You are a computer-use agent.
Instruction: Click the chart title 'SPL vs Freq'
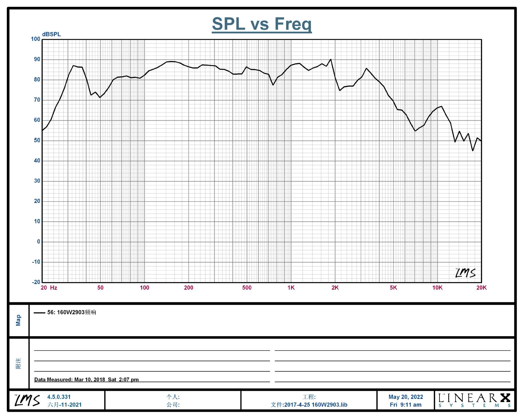click(261, 24)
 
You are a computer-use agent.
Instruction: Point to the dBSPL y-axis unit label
click(51, 34)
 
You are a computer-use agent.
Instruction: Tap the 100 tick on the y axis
click(35, 39)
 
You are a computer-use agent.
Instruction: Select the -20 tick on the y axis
click(36, 282)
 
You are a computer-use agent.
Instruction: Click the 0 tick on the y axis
click(38, 242)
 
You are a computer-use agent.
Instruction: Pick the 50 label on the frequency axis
click(100, 288)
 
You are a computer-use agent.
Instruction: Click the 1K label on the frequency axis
click(291, 288)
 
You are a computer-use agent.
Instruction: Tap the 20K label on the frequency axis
click(481, 288)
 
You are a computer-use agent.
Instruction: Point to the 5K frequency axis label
click(393, 288)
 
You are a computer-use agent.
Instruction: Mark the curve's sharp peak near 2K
click(331, 59)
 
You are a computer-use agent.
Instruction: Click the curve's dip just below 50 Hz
click(100, 97)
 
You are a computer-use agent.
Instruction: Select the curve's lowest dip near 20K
click(473, 150)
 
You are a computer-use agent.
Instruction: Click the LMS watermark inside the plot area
click(465, 273)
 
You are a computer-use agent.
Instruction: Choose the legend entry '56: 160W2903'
click(71, 312)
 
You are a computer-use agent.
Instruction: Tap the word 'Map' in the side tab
click(18, 320)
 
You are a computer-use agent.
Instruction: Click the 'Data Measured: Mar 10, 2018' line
click(86, 379)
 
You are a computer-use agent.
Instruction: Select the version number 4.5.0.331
click(59, 397)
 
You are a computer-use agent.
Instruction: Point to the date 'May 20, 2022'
click(406, 397)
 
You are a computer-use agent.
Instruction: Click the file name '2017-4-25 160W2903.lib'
click(315, 405)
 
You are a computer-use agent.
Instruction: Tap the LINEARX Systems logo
click(474, 400)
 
